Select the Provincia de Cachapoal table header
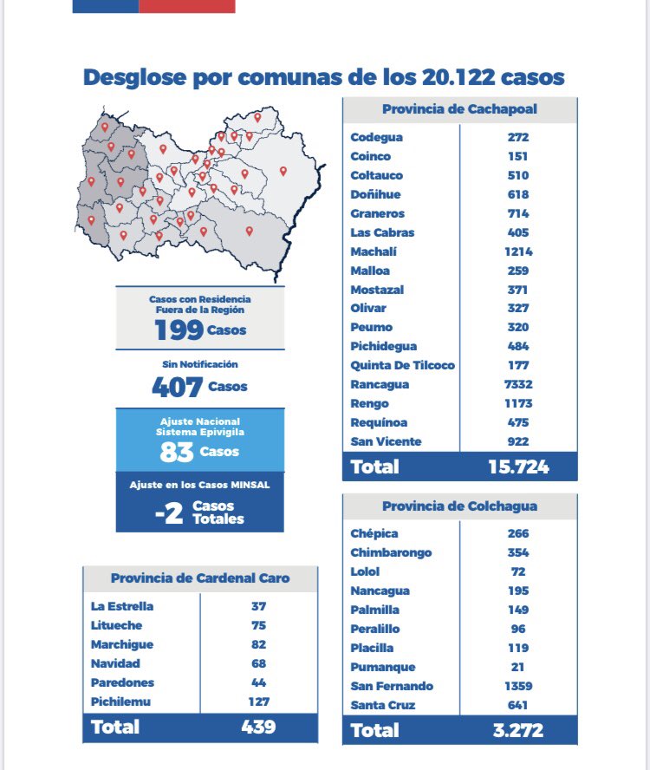pyautogui.click(x=459, y=109)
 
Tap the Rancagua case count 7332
pyautogui.click(x=519, y=384)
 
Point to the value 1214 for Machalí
pyautogui.click(x=519, y=251)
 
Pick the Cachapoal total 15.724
pyautogui.click(x=518, y=467)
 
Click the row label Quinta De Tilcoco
pyautogui.click(x=402, y=365)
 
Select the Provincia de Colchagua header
pyautogui.click(x=459, y=506)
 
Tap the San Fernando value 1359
pyautogui.click(x=519, y=686)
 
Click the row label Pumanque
pyautogui.click(x=383, y=667)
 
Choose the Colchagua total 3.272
pyautogui.click(x=518, y=730)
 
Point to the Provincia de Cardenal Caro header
pyautogui.click(x=200, y=578)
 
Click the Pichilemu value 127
pyautogui.click(x=259, y=701)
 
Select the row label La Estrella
pyautogui.click(x=122, y=606)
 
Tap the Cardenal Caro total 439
pyautogui.click(x=258, y=726)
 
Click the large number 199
pyautogui.click(x=179, y=330)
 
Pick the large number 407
pyautogui.click(x=177, y=387)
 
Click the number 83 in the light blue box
pyautogui.click(x=176, y=452)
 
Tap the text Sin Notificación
pyautogui.click(x=200, y=364)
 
